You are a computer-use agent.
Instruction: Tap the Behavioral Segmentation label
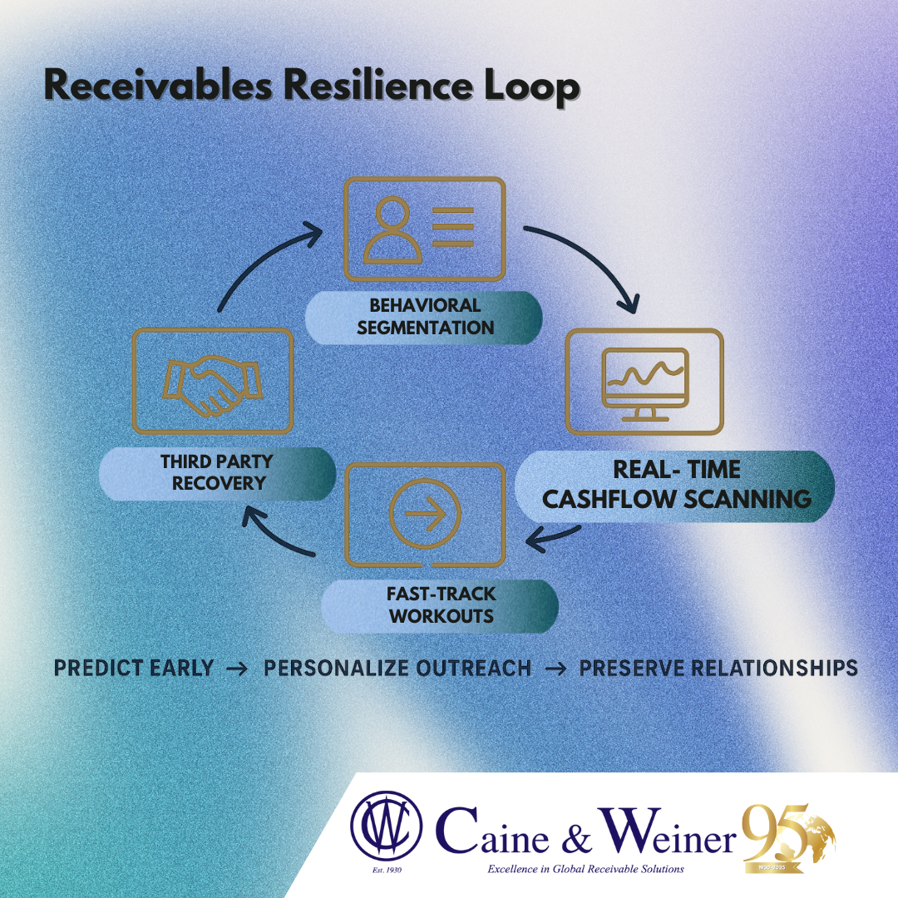pos(424,317)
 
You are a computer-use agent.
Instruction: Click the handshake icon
pos(213,381)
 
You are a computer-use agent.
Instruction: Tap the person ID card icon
pos(424,229)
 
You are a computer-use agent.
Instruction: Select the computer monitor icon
pos(644,382)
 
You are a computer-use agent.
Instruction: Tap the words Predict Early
pos(134,669)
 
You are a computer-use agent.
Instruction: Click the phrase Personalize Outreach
pos(397,669)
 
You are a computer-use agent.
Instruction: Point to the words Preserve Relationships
pos(718,669)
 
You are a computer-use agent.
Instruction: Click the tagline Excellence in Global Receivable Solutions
pos(575,869)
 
